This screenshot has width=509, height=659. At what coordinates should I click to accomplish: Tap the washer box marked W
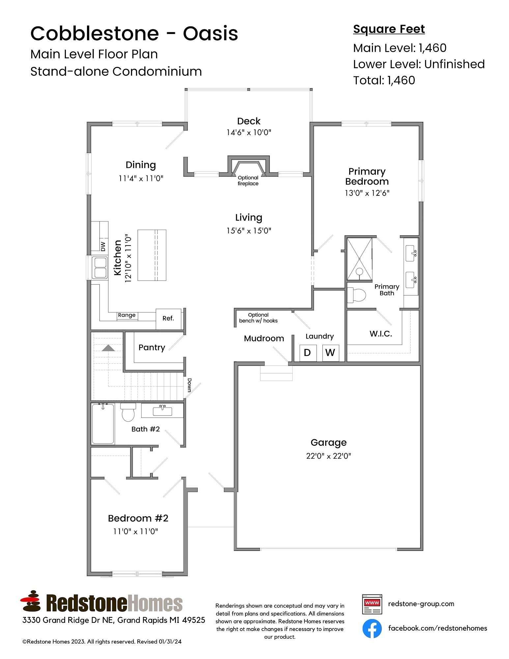coord(330,353)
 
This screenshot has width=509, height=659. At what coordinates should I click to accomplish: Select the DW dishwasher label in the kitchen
coord(103,246)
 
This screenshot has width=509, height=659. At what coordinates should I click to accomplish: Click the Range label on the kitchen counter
coord(127,315)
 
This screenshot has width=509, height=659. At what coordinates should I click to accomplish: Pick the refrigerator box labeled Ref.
coord(168,318)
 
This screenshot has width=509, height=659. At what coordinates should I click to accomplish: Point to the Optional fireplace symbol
coord(248,168)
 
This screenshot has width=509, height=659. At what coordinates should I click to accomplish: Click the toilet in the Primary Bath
coord(357,295)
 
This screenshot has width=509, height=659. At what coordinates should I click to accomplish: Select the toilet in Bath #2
coord(128,413)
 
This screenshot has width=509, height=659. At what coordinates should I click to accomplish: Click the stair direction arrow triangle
coord(108,348)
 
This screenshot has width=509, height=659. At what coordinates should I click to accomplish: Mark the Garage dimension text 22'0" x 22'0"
coord(328,456)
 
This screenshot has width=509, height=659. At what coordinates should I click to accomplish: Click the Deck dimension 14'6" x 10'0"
coord(249,132)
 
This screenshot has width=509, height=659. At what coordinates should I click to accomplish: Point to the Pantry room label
coord(152,348)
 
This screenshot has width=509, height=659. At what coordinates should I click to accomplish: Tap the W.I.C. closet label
coord(381,334)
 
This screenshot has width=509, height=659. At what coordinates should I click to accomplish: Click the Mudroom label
coord(264,338)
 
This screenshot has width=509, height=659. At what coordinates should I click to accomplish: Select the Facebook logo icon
coord(372,628)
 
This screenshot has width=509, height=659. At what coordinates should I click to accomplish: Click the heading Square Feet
coord(389,29)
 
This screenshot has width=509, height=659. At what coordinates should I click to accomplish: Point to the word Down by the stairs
coord(189,385)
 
